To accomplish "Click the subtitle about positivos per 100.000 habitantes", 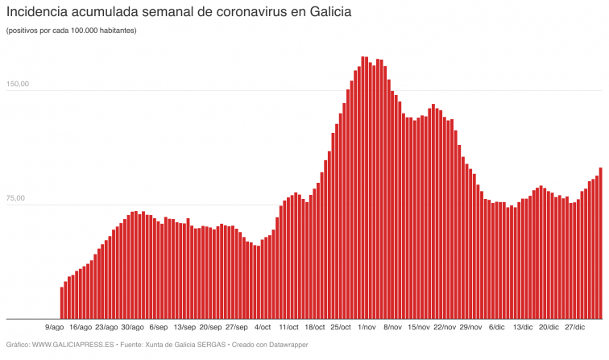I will coord(71,31).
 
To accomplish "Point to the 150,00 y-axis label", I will coord(18,85).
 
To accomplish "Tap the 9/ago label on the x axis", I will coord(55,327).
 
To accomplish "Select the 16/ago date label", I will coord(81,327).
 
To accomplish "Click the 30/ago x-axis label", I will coord(132,327).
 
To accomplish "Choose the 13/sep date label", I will coord(184,327).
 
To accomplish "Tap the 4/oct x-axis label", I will coord(263,327).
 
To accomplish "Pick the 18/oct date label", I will coord(314,327).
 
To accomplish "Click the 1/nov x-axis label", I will coord(367,327).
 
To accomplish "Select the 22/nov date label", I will coord(445,327).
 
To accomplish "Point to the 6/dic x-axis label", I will coord(496,327).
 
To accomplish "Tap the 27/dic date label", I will coord(574,327).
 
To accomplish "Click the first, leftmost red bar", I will coord(62,303).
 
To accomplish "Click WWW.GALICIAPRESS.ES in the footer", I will coord(72,345).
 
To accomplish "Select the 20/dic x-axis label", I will coord(549,327).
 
